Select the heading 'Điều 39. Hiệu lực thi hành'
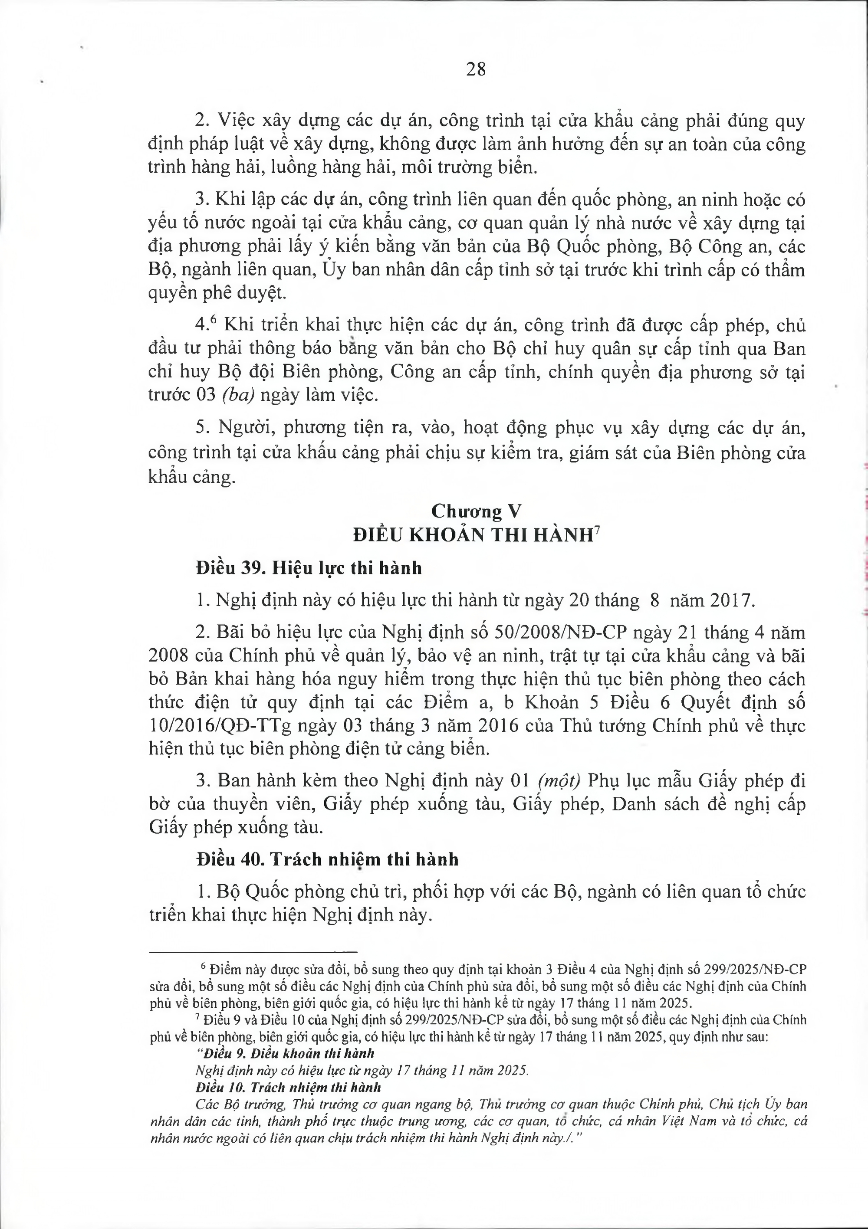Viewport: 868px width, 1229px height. tap(309, 567)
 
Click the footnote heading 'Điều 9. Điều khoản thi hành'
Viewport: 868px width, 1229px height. tap(286, 1081)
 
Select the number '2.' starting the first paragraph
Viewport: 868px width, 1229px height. tap(202, 121)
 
